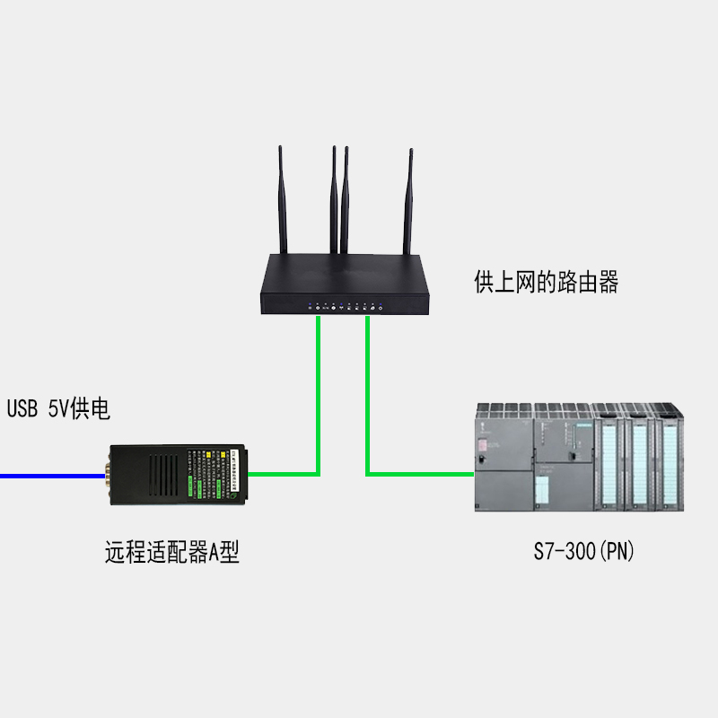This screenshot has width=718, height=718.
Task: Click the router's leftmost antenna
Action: coord(282,202)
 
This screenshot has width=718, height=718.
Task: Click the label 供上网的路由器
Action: coord(546,284)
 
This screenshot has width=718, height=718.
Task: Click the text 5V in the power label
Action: coord(57,409)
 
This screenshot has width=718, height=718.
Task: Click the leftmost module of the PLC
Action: coord(503,458)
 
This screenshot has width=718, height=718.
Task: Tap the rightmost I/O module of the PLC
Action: coord(671,462)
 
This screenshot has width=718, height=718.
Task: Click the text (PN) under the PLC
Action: coord(617,551)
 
